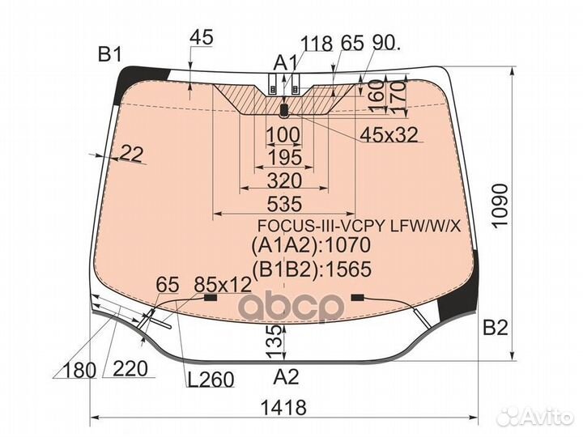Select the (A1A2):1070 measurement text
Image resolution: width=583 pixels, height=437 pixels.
click(310, 245)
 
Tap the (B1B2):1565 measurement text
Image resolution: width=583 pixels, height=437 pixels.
click(310, 269)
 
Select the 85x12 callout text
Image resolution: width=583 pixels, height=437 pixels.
click(223, 285)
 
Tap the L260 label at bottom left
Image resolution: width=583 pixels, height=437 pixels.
click(209, 380)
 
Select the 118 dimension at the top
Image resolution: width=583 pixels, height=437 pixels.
click(317, 44)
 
